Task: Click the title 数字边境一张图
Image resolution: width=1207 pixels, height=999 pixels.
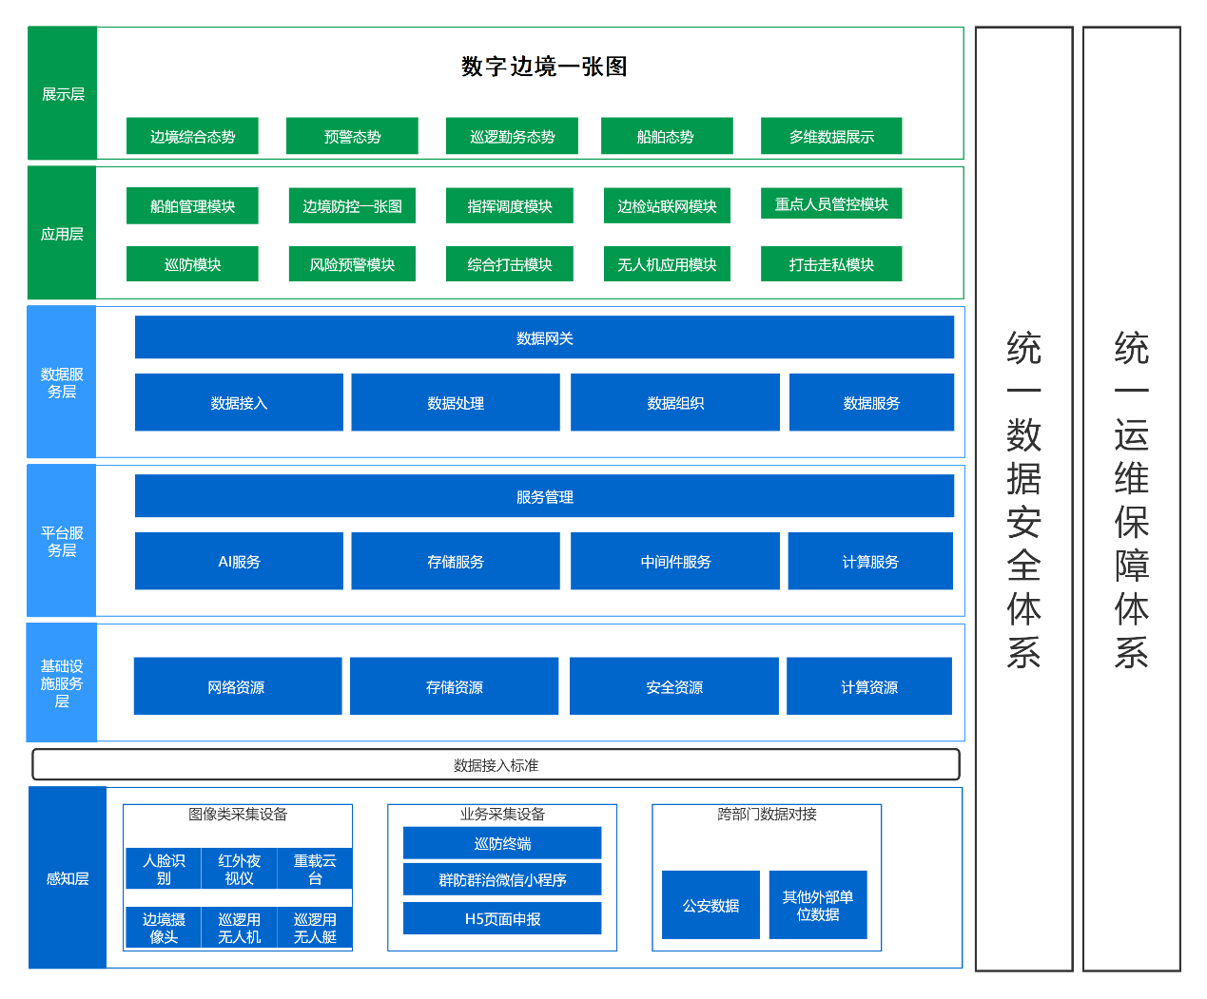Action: pos(544,67)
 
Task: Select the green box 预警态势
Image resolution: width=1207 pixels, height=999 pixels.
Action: pos(352,136)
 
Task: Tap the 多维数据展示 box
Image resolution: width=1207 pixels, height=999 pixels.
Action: pos(831,136)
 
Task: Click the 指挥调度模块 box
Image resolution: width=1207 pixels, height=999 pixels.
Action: pos(510,206)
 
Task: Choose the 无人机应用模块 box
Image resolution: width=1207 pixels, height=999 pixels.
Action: pos(667,264)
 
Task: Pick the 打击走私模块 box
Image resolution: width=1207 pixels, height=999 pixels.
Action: pos(831,264)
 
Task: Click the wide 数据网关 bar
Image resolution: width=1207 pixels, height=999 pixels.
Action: pos(544,337)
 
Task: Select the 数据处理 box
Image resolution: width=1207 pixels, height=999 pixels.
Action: pos(456,403)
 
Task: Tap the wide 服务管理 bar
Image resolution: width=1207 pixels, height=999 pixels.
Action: pos(544,496)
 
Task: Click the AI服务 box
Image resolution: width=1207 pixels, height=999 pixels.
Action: pos(239,562)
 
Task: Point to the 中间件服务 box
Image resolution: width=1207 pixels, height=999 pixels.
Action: pos(675,562)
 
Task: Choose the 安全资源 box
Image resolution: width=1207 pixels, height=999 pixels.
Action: pos(674,686)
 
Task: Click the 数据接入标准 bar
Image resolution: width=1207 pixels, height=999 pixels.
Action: pos(496,765)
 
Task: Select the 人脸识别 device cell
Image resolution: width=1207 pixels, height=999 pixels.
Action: pos(164,869)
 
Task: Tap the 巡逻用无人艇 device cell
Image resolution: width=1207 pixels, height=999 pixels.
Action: pos(315,928)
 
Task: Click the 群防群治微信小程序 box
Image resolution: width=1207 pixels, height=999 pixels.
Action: pos(502,880)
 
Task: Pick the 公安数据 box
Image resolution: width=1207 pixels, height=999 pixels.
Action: pos(711,905)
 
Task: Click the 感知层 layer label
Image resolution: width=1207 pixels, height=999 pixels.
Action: pos(68,878)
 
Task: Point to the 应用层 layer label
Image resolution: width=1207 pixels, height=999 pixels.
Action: pos(62,234)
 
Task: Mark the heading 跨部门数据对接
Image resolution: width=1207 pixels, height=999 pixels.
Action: pos(767,815)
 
